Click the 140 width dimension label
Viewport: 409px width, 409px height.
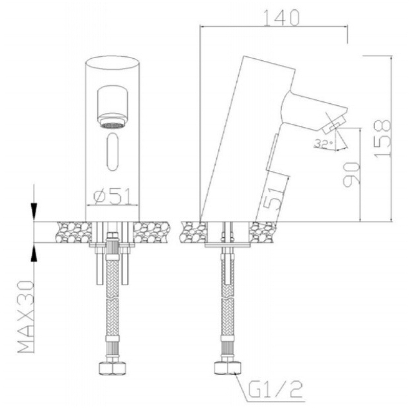pyautogui.click(x=282, y=18)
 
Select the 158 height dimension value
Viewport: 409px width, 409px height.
pyautogui.click(x=382, y=138)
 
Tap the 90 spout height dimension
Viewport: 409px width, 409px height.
pyautogui.click(x=351, y=174)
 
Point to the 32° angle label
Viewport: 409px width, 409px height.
pyautogui.click(x=324, y=144)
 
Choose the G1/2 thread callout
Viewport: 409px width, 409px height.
pyautogui.click(x=276, y=389)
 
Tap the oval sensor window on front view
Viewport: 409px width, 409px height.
pyautogui.click(x=112, y=152)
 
